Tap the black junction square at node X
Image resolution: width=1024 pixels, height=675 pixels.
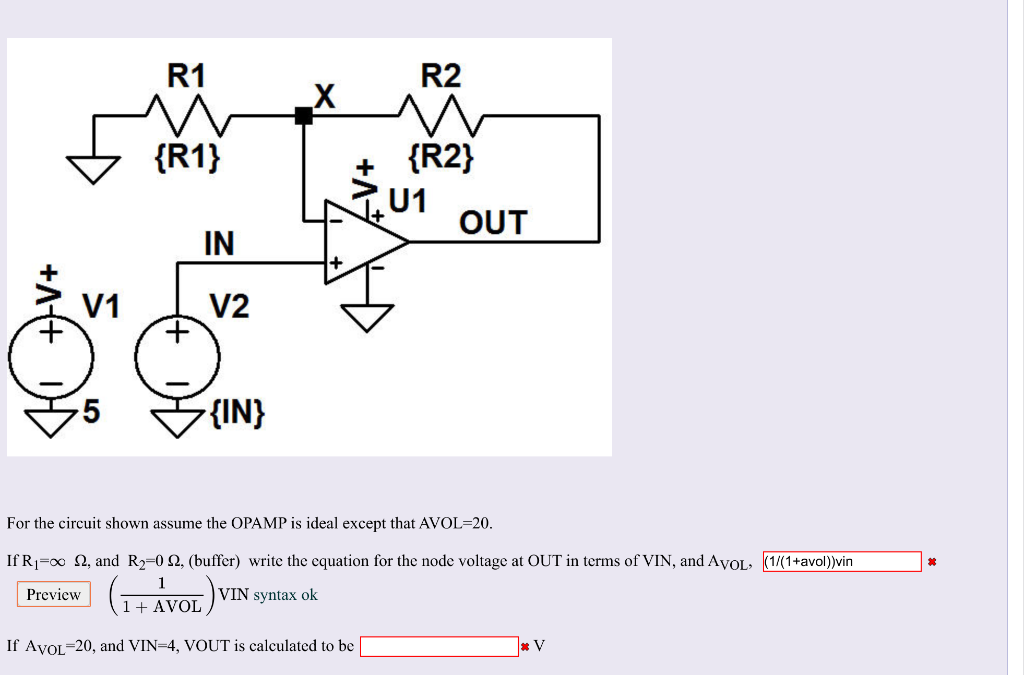point(303,116)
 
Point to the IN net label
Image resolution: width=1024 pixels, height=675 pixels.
point(218,243)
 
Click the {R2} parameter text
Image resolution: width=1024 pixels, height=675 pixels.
point(441,157)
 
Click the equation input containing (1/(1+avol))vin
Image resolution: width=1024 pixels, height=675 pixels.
point(841,561)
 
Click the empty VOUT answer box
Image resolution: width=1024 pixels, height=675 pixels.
point(439,646)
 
